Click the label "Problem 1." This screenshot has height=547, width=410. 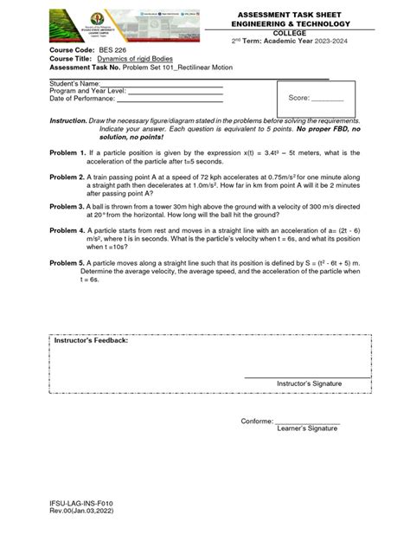tap(68, 152)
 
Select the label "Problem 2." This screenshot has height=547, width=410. tap(68, 177)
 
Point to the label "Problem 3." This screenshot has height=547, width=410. tap(68, 208)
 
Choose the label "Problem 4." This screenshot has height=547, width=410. tap(68, 232)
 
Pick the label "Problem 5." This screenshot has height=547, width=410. tap(68, 263)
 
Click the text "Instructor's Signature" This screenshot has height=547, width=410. tap(309, 383)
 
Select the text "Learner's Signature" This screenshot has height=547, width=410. tap(308, 428)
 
